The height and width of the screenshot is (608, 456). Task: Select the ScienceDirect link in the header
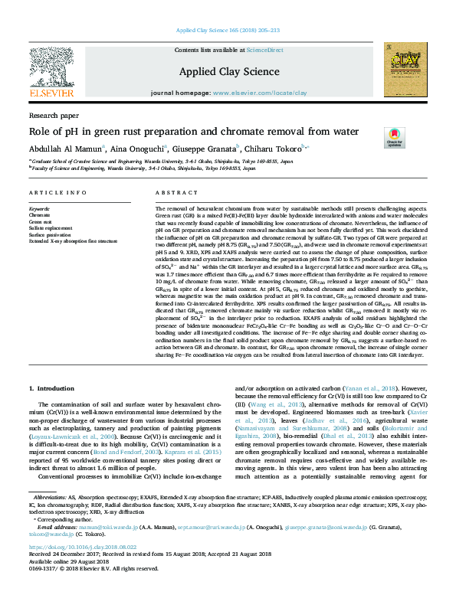pos(264,50)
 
